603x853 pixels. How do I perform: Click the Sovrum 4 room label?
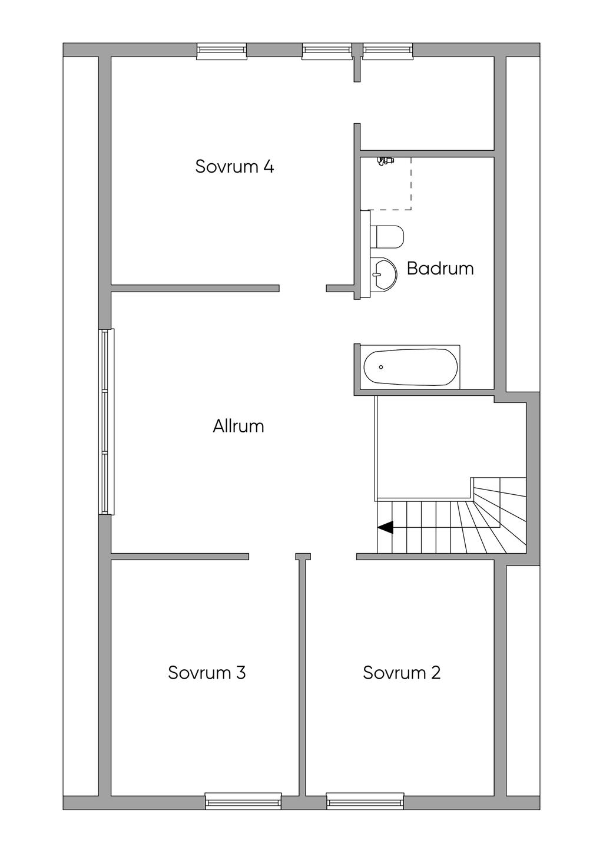coord(234,166)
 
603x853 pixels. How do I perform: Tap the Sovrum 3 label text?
coord(207,673)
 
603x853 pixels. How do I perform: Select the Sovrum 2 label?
coord(402,673)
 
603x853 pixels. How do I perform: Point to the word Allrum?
coord(238,426)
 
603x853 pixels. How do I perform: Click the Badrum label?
coord(440,269)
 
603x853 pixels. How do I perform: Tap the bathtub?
coord(410,367)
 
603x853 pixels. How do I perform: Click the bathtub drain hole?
coord(381,367)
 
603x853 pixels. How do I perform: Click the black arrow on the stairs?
coord(385,527)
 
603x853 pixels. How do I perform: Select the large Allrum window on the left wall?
coord(107,422)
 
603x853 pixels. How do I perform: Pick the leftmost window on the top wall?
coord(221,51)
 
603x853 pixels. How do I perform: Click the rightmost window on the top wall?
coord(388,51)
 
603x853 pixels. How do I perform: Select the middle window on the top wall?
coord(327,51)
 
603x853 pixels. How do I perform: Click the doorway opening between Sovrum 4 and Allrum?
coord(303,288)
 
